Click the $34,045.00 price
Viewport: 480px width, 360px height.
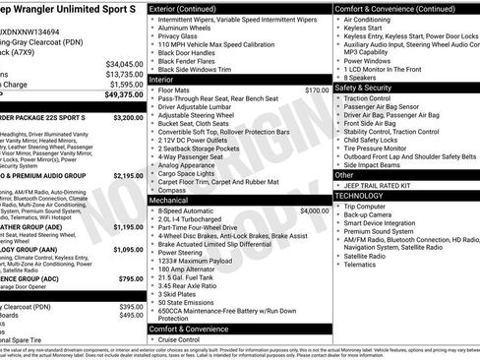pyautogui.click(x=124, y=64)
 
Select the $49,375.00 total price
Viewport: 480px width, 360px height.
pyautogui.click(x=124, y=95)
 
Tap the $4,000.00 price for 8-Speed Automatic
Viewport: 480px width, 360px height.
pyautogui.click(x=314, y=210)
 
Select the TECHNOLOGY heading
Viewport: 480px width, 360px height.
pyautogui.click(x=361, y=196)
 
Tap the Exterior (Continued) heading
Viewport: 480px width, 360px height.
pyautogui.click(x=189, y=8)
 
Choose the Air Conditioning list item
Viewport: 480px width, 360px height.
pyautogui.click(x=378, y=20)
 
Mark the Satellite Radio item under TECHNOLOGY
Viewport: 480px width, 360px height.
pyautogui.click(x=375, y=256)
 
